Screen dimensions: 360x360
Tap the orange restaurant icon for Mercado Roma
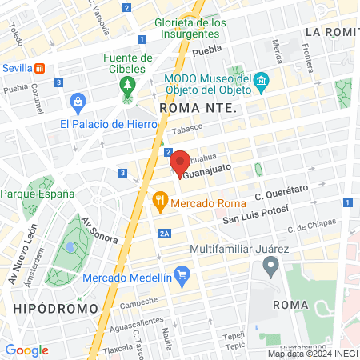160,200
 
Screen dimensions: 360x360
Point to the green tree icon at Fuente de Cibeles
126,86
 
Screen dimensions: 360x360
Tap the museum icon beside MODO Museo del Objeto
260,81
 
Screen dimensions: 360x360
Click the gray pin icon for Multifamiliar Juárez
270,267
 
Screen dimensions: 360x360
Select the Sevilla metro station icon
39,69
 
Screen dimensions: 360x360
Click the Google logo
27,350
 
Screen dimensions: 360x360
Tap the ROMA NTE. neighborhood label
199,106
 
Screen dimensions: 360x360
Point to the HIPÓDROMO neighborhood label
55,307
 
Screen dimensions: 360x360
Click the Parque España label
38,194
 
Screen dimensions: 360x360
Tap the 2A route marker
164,233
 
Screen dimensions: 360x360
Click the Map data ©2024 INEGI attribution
312,354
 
